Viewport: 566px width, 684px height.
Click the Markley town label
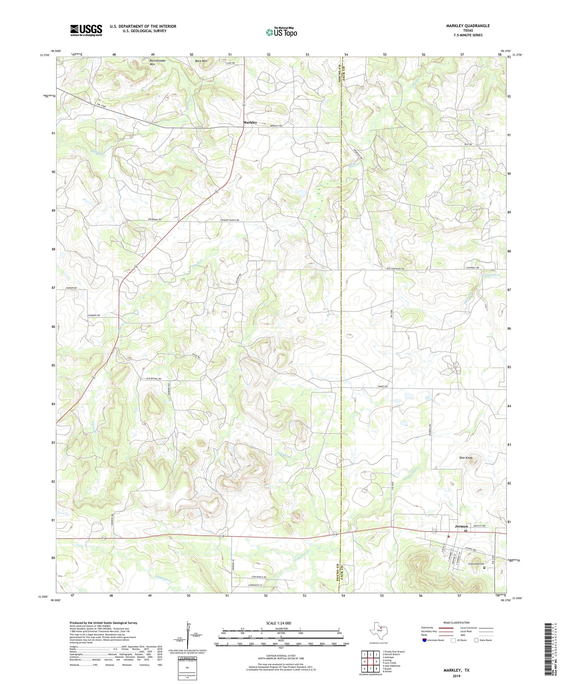250,123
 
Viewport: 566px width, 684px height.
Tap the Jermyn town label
461,526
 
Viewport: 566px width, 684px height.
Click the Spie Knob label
466,458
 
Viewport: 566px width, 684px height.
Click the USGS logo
86,30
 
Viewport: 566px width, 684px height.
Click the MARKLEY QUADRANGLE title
468,26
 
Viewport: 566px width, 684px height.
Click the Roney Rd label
382,386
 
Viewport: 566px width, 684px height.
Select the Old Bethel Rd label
154,378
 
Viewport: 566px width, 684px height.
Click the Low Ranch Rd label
259,577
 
